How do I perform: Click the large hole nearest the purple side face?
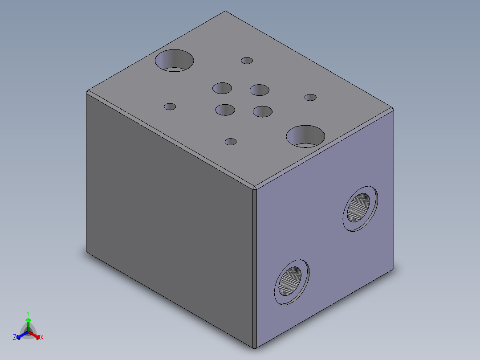click(x=305, y=136)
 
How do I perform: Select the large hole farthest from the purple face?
click(x=174, y=61)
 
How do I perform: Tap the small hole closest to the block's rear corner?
click(x=247, y=61)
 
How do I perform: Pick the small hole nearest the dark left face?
click(x=170, y=107)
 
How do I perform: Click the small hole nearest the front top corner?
click(x=231, y=142)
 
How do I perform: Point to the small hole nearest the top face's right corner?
click(x=310, y=98)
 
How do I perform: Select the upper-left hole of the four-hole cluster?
click(x=222, y=88)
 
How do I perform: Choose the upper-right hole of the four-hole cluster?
click(x=260, y=90)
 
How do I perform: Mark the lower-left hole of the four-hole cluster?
click(x=225, y=110)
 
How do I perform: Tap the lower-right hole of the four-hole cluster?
click(x=263, y=111)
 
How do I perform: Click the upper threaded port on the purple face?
click(x=361, y=208)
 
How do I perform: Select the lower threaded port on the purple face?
click(x=291, y=282)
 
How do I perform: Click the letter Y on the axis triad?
click(x=28, y=313)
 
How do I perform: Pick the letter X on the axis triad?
click(x=42, y=338)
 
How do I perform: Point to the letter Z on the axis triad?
click(x=15, y=338)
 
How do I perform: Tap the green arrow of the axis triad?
click(x=28, y=322)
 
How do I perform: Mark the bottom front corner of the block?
click(x=254, y=348)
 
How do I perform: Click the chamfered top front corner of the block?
click(x=255, y=188)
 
